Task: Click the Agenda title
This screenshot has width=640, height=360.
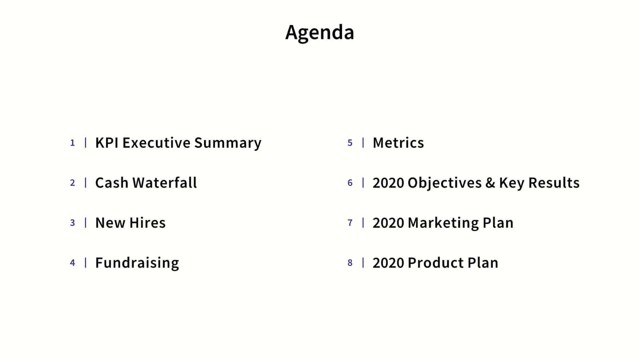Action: tap(320, 32)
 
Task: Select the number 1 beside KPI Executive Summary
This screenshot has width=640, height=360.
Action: tap(72, 143)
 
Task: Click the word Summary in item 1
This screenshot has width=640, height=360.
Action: tap(228, 143)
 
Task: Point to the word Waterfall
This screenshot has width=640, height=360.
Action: tap(164, 183)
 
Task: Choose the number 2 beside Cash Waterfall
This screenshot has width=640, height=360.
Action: tap(72, 183)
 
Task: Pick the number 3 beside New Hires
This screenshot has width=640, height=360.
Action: tap(72, 223)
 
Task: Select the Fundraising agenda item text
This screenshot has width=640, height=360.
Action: tap(137, 263)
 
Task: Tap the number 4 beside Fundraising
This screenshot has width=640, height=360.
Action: tap(72, 263)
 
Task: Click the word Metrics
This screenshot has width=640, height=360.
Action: tap(398, 143)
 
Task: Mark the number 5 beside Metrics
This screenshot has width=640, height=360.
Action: tap(350, 143)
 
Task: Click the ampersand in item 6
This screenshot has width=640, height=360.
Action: tap(490, 183)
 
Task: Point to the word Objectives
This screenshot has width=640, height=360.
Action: tap(444, 183)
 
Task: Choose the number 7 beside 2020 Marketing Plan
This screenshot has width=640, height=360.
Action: tap(350, 223)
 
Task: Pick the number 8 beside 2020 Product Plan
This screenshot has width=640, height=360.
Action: tap(350, 263)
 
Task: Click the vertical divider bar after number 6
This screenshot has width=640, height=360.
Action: tap(363, 183)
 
